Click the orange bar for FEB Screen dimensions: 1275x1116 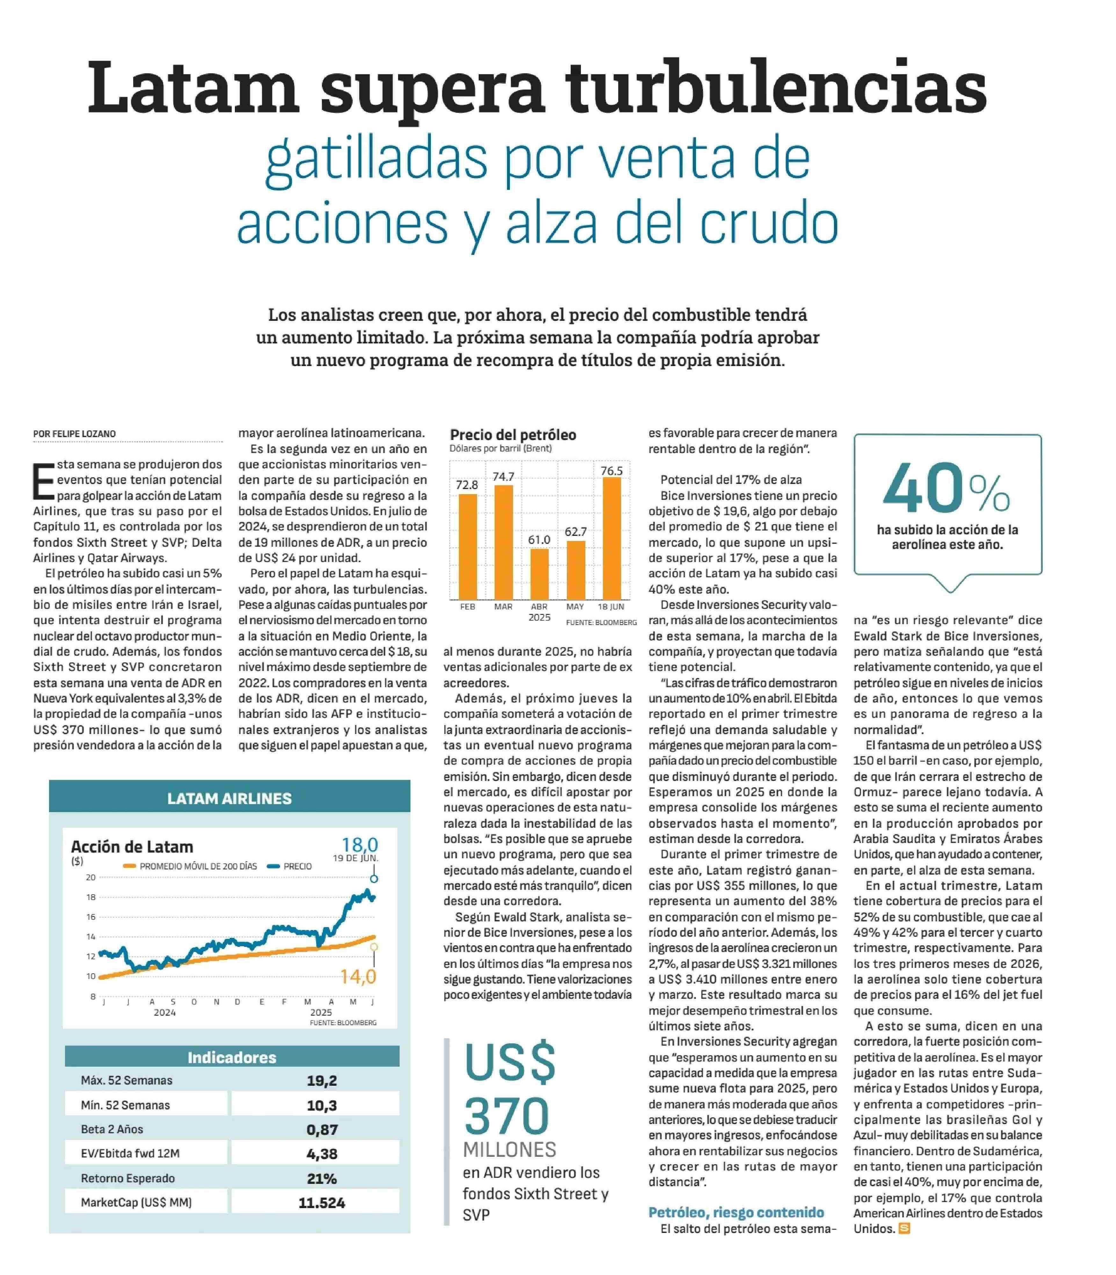coord(468,547)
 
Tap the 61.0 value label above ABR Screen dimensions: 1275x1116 coord(539,539)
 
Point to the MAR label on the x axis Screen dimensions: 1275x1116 coord(503,606)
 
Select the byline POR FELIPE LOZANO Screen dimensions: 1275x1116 coord(75,434)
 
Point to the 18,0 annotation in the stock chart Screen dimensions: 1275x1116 coord(359,845)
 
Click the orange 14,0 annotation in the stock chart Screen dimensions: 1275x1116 coord(358,976)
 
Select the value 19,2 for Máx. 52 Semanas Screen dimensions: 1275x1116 coord(321,1080)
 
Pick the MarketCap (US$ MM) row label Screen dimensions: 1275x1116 coord(136,1202)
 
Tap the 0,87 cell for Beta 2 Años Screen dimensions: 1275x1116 coord(321,1129)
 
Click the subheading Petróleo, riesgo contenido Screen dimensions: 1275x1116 coord(736,1212)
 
